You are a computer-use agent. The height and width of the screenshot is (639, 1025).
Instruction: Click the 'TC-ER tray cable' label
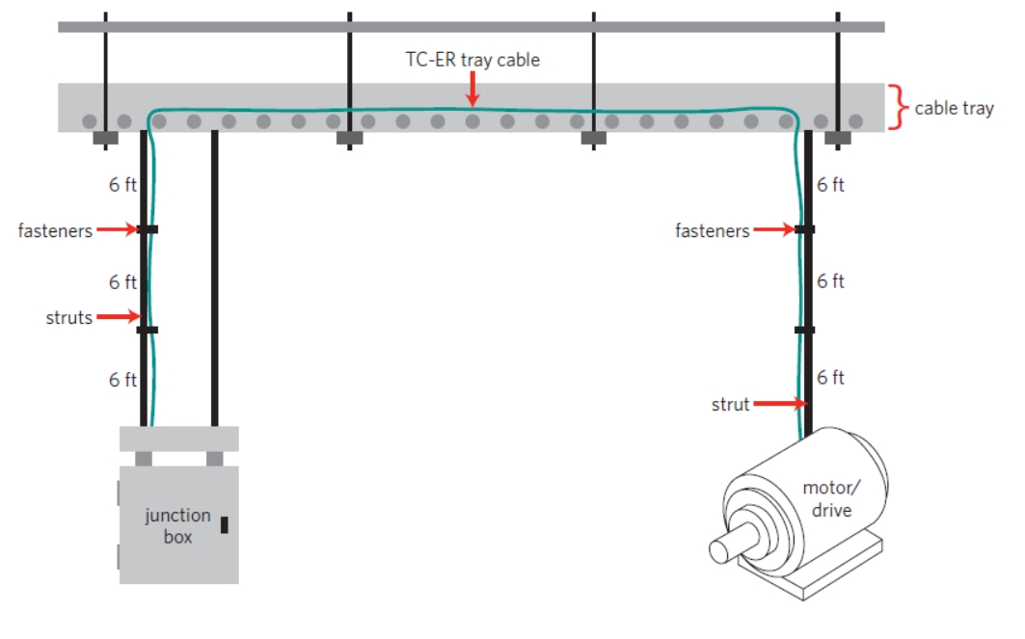pyautogui.click(x=472, y=60)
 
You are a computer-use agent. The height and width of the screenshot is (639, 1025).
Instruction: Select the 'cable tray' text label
pyautogui.click(x=954, y=108)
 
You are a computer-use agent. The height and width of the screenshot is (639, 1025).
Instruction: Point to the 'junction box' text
pyautogui.click(x=177, y=525)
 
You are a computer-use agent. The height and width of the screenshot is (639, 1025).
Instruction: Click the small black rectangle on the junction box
pyautogui.click(x=225, y=525)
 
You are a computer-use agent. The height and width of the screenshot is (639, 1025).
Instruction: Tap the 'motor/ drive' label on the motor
pyautogui.click(x=827, y=498)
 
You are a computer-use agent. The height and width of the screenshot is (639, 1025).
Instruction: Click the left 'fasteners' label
pyautogui.click(x=55, y=230)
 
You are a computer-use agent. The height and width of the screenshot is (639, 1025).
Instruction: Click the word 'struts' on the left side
pyautogui.click(x=69, y=316)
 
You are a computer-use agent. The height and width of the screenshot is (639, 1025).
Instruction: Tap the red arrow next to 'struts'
pyautogui.click(x=120, y=316)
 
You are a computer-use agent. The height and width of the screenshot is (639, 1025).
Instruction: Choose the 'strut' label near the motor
pyautogui.click(x=730, y=405)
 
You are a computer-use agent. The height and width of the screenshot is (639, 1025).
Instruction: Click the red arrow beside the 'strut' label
pyautogui.click(x=777, y=404)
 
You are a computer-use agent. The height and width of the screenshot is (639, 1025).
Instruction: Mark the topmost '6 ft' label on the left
pyautogui.click(x=122, y=185)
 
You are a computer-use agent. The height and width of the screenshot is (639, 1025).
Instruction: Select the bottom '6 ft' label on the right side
pyautogui.click(x=831, y=378)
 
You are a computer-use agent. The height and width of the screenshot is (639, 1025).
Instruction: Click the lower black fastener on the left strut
pyautogui.click(x=148, y=330)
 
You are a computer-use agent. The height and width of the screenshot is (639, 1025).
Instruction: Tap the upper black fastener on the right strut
pyautogui.click(x=804, y=229)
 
